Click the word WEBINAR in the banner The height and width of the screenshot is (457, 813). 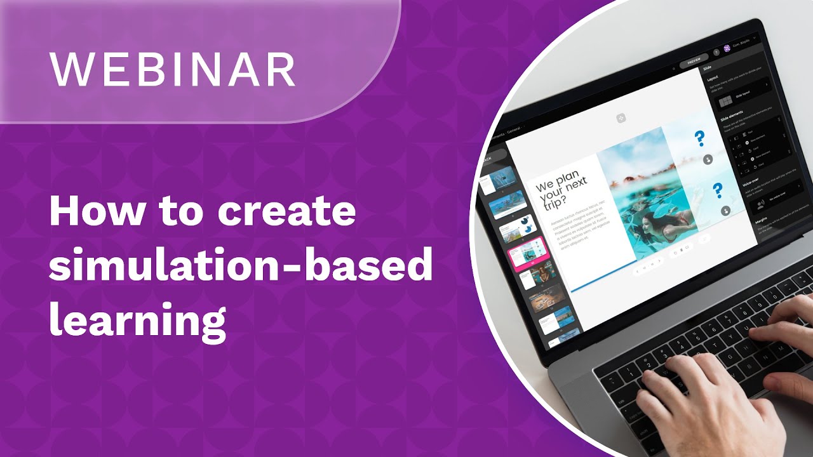pyautogui.click(x=173, y=69)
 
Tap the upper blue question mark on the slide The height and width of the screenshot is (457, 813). pyautogui.click(x=700, y=138)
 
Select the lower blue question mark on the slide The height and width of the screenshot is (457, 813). pyautogui.click(x=718, y=190)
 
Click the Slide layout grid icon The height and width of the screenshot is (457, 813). pyautogui.click(x=724, y=102)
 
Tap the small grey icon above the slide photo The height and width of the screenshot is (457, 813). pyautogui.click(x=621, y=117)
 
